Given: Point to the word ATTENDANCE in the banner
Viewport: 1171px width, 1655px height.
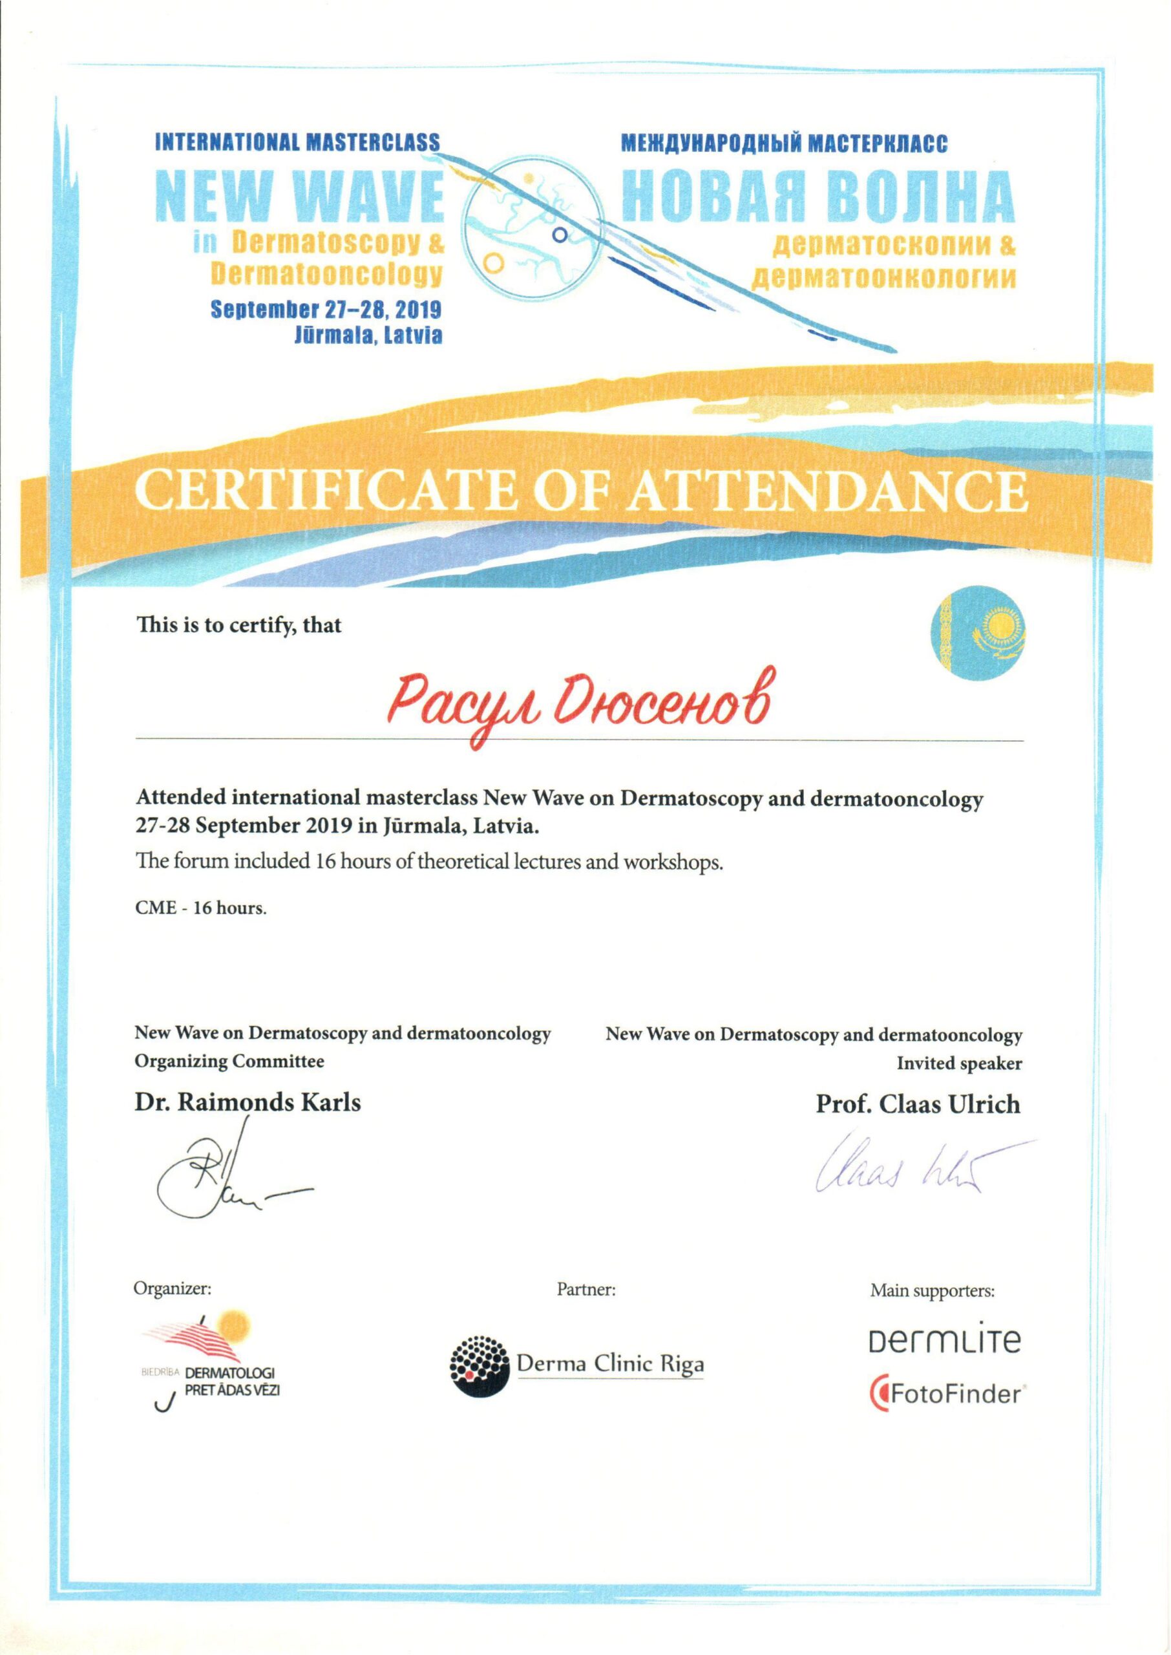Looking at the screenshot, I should (x=829, y=492).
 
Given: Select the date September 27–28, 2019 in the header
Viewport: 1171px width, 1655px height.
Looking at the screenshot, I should (x=326, y=310).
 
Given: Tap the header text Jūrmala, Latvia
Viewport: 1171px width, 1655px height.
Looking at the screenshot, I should (x=368, y=336).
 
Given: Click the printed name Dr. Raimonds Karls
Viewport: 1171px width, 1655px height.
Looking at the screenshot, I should (x=248, y=1101).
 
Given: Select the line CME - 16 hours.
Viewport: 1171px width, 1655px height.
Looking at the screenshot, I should (x=201, y=908).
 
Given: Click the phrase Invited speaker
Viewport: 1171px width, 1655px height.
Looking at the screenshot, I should (x=959, y=1063).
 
